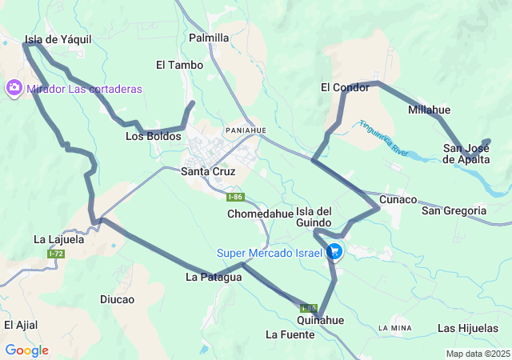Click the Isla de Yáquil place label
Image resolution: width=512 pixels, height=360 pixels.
(x=58, y=38)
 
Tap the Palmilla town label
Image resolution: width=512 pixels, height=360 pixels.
(x=209, y=38)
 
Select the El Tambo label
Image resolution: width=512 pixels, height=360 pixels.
(x=179, y=65)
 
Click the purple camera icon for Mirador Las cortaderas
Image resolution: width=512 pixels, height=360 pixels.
(x=14, y=88)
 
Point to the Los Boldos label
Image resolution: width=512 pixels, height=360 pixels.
(x=154, y=137)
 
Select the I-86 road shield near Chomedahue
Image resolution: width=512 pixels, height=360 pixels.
(x=234, y=197)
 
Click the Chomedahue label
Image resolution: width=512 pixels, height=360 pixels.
(x=261, y=214)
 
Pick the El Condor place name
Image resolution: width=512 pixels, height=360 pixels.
(x=345, y=87)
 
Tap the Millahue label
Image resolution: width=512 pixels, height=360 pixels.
(x=429, y=110)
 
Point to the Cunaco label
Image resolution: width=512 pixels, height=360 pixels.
(x=398, y=199)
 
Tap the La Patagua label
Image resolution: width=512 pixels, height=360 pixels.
(x=214, y=278)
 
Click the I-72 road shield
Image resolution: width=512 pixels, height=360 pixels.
(x=56, y=254)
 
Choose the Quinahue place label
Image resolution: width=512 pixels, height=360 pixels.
(x=320, y=320)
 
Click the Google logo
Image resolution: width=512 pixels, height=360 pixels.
(x=26, y=350)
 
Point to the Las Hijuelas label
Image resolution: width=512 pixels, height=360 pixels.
(x=468, y=329)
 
